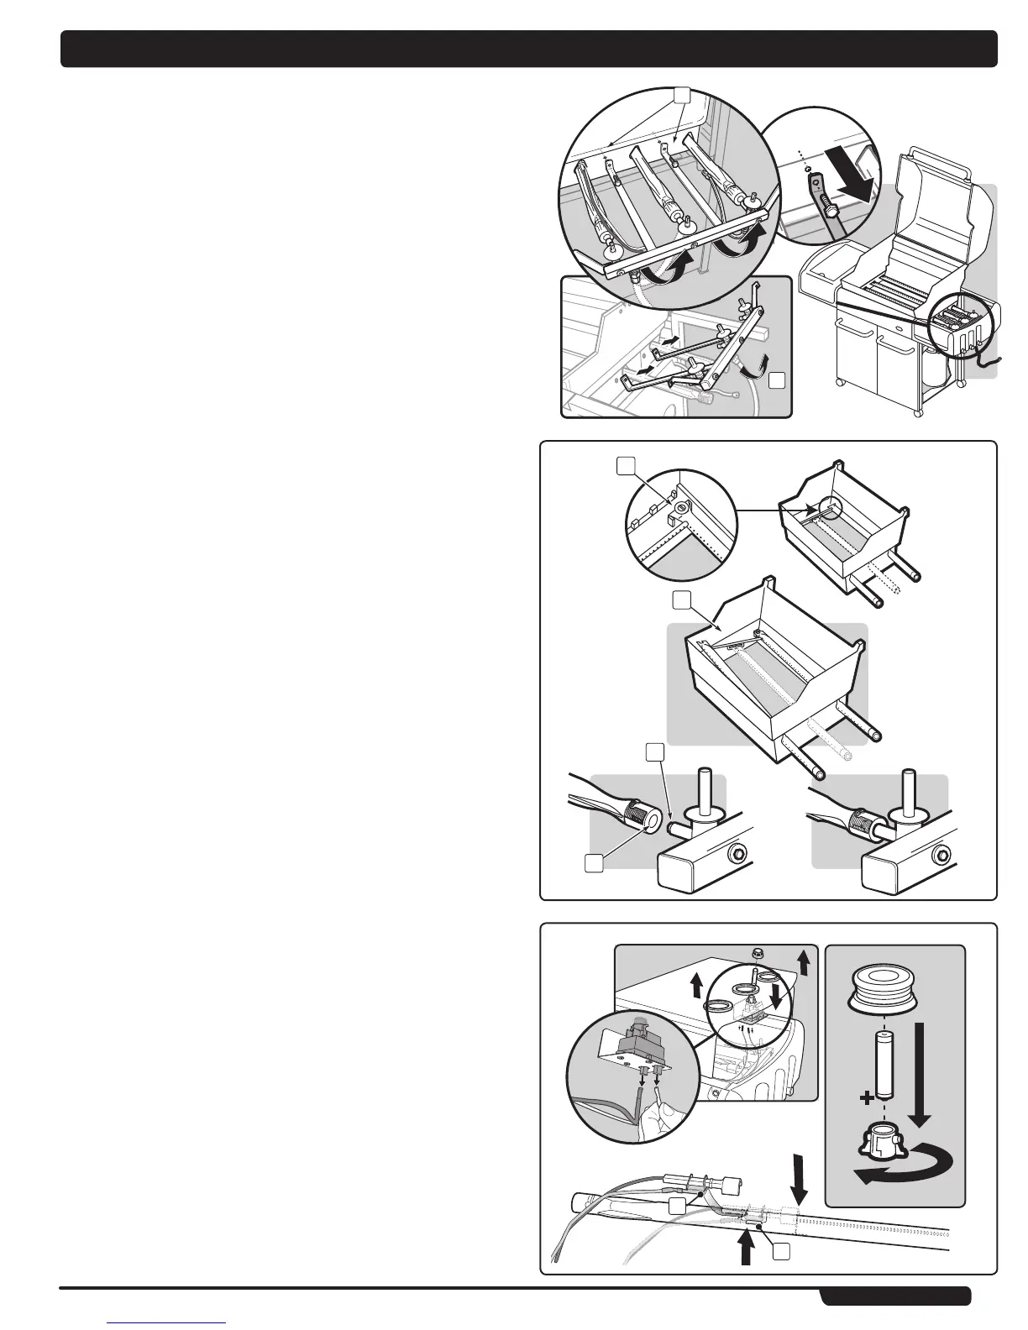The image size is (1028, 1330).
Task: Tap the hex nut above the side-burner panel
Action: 753,952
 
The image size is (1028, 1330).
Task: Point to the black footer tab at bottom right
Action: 895,1297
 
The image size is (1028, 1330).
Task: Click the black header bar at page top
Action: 529,49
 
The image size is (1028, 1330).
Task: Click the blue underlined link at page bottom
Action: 167,1322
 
